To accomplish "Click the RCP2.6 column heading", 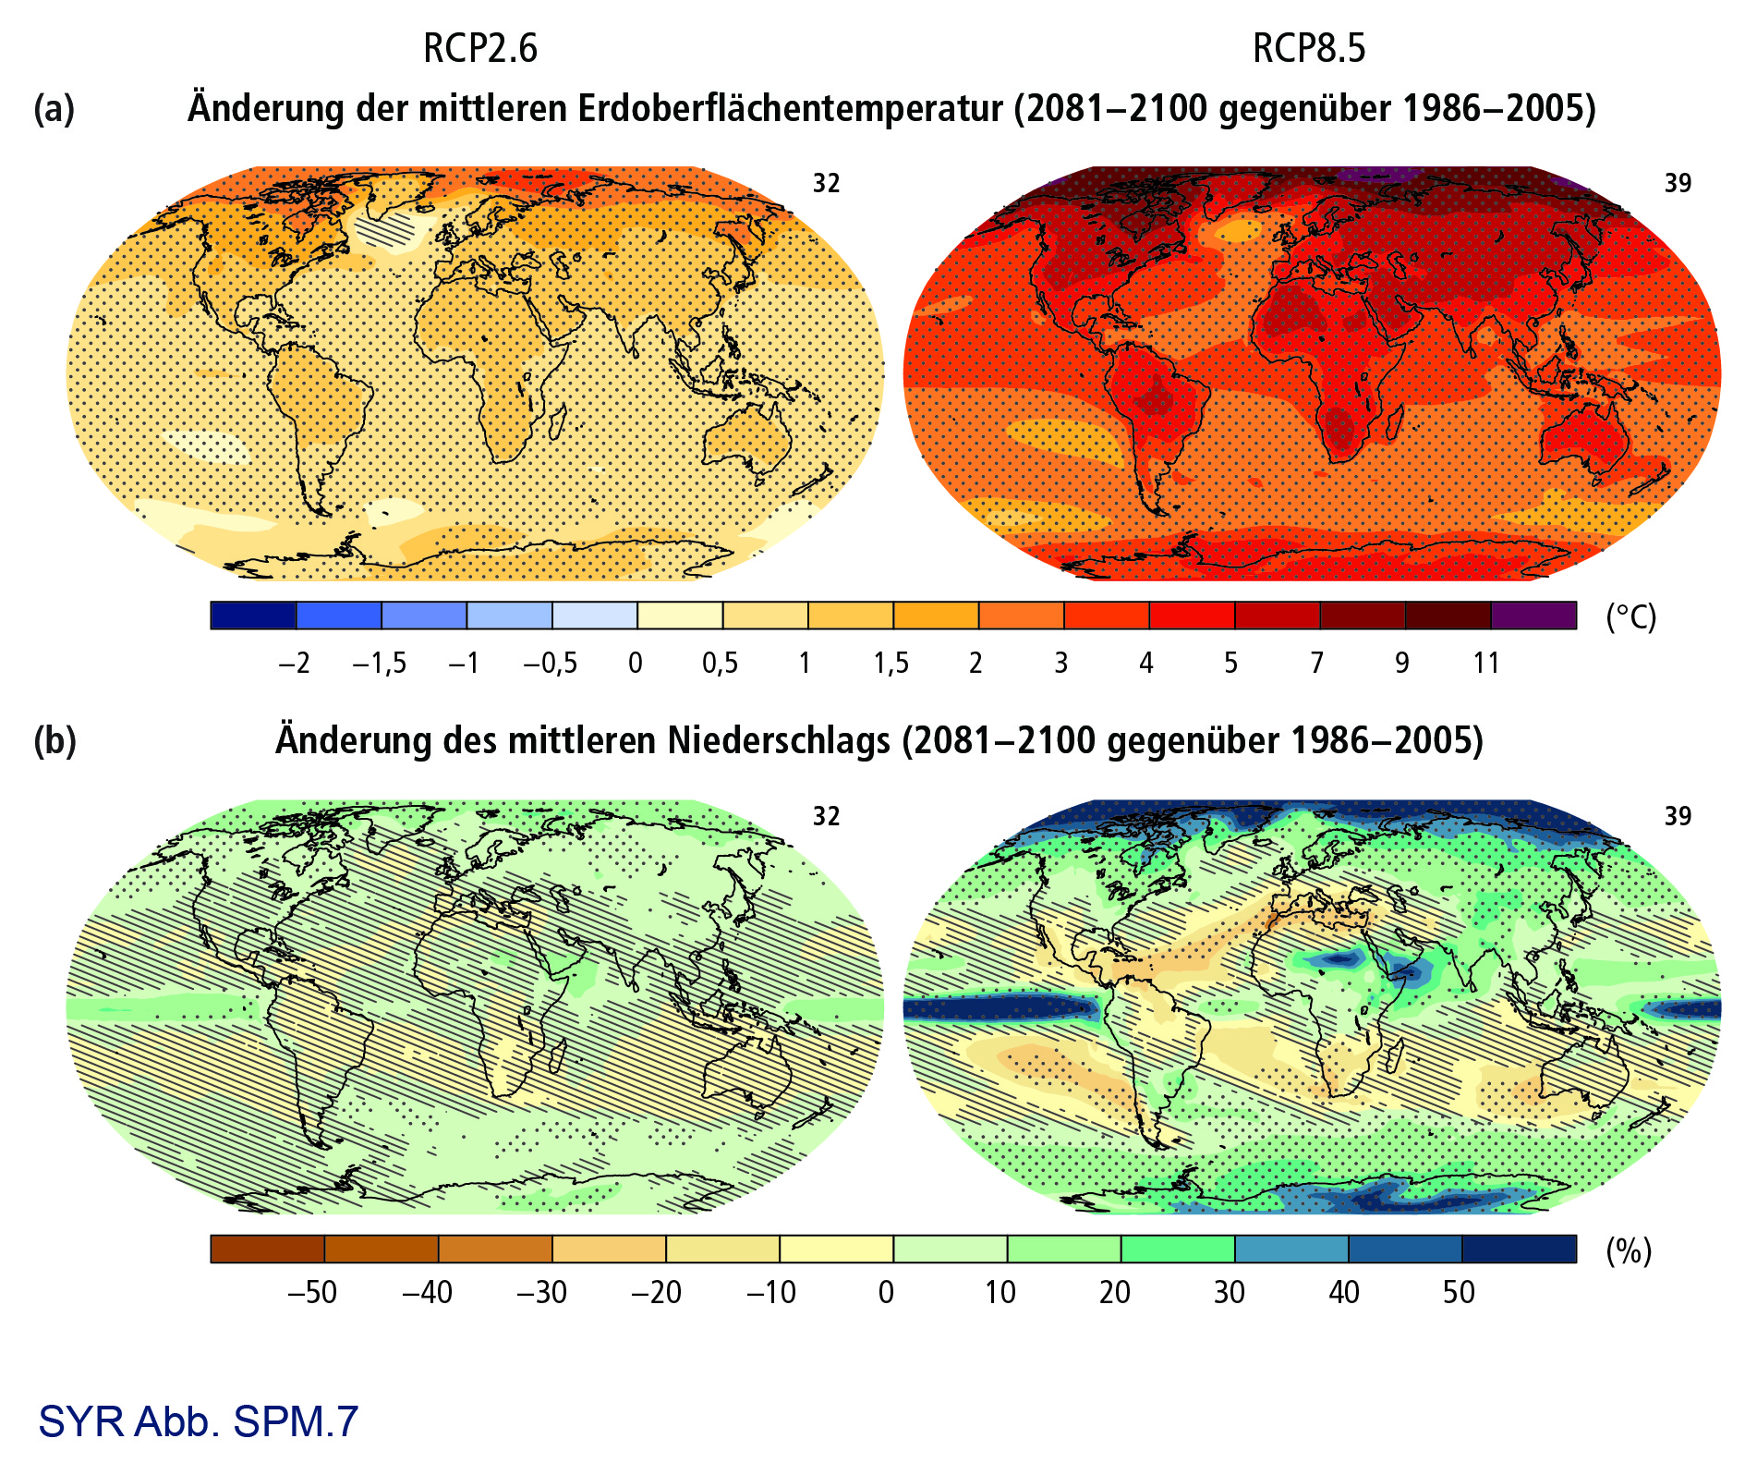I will tap(479, 48).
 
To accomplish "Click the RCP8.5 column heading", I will tap(1308, 48).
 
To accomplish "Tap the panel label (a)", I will tap(54, 108).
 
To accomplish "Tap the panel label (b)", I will tap(55, 740).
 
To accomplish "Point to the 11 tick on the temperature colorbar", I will tap(1485, 663).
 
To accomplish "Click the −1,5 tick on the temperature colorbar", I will tap(379, 663).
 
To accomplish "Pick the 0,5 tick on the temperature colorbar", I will tap(720, 663).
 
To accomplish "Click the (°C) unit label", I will tap(1630, 616).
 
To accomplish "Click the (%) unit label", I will tap(1629, 1250).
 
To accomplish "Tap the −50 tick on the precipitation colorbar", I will tap(312, 1291).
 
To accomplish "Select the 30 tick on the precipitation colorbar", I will tap(1229, 1291).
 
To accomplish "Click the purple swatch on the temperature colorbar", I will tap(1533, 616).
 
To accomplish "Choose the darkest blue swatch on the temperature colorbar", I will tap(253, 616).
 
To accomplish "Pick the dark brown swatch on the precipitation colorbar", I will tap(267, 1249).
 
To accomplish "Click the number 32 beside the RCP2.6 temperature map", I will tap(826, 183).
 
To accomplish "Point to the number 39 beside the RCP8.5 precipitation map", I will tap(1678, 815).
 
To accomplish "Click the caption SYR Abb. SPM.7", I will tap(198, 1421).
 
